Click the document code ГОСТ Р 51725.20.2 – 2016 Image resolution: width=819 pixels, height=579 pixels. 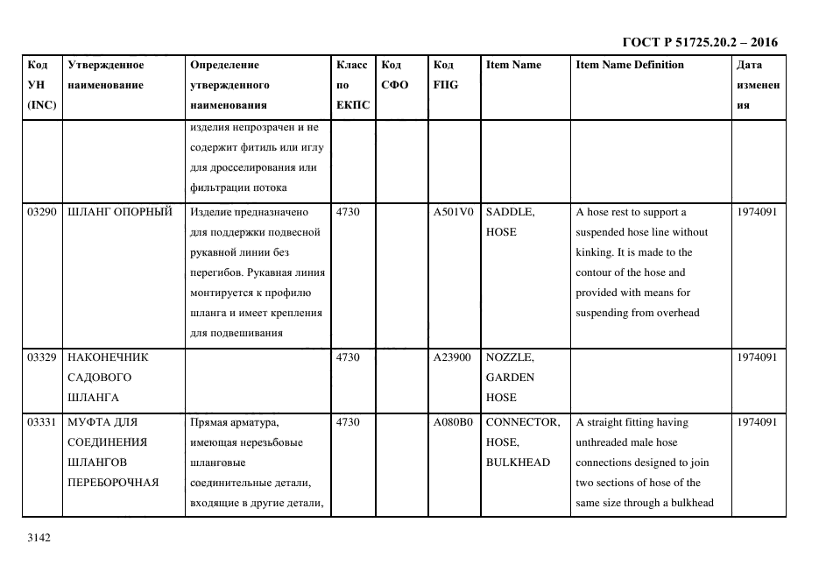[699, 42]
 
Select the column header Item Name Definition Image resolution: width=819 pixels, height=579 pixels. [630, 65]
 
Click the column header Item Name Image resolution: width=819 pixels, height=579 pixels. [513, 65]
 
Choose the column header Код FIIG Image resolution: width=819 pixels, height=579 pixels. [445, 75]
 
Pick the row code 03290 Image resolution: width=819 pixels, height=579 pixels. [42, 212]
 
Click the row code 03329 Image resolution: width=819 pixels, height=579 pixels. [42, 357]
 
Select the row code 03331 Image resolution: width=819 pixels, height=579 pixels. [42, 422]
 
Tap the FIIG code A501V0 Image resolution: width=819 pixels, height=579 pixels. [453, 212]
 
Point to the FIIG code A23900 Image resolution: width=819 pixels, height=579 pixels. [453, 357]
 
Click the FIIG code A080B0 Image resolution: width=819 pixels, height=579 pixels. [453, 422]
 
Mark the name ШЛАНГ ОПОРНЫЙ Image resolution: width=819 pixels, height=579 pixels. [120, 212]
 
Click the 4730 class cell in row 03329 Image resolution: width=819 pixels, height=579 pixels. [348, 357]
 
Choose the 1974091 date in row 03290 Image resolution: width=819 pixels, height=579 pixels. [757, 212]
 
